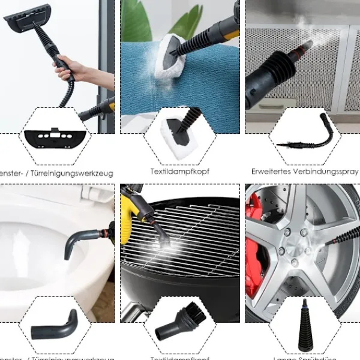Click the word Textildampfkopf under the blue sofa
(x=180, y=172)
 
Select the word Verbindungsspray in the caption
(x=327, y=172)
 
